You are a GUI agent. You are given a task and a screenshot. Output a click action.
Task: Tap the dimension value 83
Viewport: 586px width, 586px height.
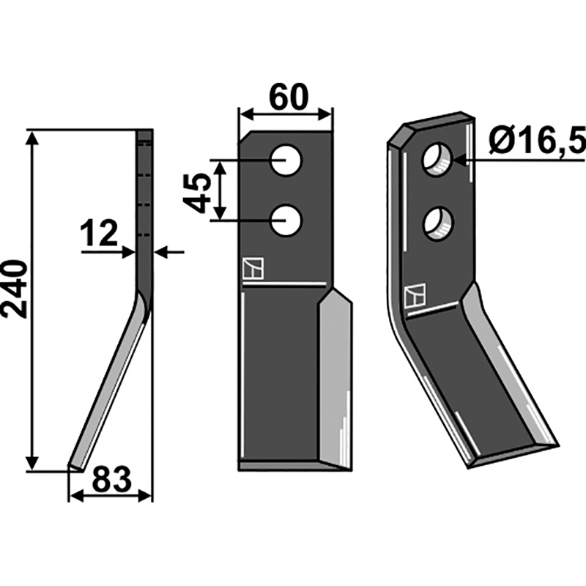point(111,481)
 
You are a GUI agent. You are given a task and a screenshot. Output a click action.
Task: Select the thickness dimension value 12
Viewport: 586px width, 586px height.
point(99,234)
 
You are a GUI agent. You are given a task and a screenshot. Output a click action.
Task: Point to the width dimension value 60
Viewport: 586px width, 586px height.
point(287,97)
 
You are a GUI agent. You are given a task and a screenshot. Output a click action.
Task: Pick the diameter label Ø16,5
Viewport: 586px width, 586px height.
point(538,140)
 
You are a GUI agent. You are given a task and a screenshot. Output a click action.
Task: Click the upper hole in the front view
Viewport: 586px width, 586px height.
point(285,160)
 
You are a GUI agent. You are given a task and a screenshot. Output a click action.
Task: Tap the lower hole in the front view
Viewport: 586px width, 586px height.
point(285,220)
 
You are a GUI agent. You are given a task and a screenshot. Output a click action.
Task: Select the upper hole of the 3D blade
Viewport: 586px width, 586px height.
point(437,159)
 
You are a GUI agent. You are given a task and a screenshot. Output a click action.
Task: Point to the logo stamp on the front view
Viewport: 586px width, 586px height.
point(251,270)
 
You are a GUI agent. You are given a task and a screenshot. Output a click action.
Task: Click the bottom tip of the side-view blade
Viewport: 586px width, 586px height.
point(74,466)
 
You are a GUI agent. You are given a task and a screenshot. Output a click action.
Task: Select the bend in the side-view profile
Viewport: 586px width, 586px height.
point(144,300)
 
